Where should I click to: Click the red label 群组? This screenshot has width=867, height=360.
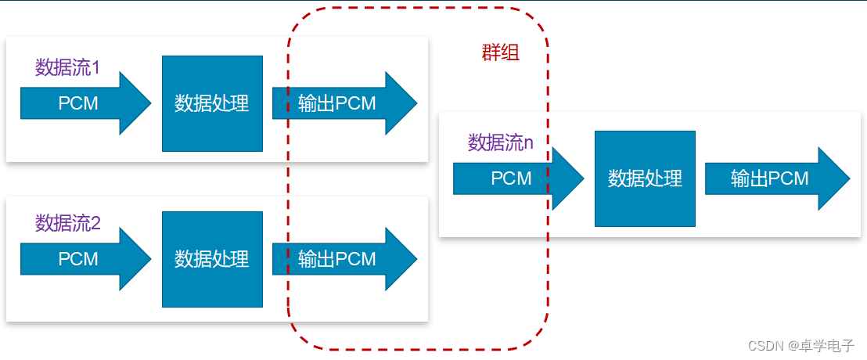(x=501, y=52)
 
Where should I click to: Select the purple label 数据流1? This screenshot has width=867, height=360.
(x=67, y=67)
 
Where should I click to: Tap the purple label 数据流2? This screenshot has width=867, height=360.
(x=68, y=223)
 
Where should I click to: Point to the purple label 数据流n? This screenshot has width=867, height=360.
(x=501, y=142)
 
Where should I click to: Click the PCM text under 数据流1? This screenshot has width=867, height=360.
(x=78, y=103)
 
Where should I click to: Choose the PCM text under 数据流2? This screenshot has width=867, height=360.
(x=78, y=259)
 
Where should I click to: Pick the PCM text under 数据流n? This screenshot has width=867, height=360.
(x=511, y=178)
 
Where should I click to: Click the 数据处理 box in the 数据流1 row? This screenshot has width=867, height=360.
(x=212, y=103)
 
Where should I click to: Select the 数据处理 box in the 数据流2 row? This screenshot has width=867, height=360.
(x=212, y=259)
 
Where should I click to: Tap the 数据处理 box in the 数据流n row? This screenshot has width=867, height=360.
(x=645, y=178)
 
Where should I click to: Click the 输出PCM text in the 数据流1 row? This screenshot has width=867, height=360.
(x=336, y=103)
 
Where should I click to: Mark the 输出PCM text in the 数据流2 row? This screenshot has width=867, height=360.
(x=336, y=259)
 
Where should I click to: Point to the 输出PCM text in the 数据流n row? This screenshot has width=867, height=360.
(x=770, y=178)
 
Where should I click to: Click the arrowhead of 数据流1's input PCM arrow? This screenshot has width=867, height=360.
(x=150, y=103)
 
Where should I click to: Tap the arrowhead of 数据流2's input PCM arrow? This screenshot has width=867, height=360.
(x=150, y=259)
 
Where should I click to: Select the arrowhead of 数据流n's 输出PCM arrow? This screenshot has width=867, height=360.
(x=849, y=178)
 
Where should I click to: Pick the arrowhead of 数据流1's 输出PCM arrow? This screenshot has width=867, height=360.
(x=416, y=103)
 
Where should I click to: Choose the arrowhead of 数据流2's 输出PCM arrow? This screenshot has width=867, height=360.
(x=416, y=259)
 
